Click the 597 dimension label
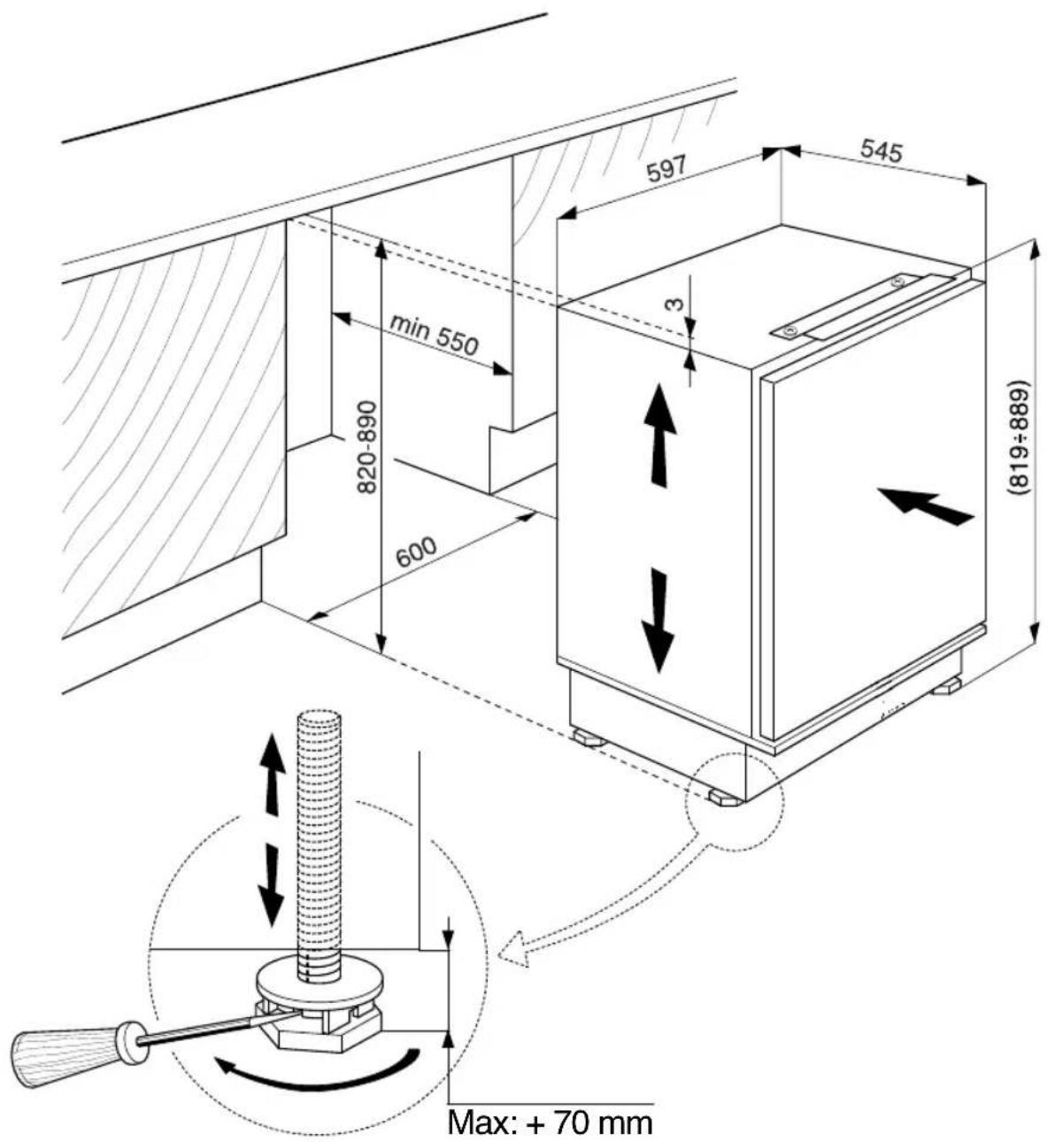click(667, 168)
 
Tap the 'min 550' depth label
click(434, 336)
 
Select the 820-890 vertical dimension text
click(367, 447)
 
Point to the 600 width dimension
click(416, 552)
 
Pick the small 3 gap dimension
click(674, 305)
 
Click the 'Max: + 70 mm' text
click(551, 1121)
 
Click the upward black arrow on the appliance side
click(659, 435)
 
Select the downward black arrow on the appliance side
click(659, 620)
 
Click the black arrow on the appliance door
click(926, 505)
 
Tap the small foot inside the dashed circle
click(724, 798)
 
